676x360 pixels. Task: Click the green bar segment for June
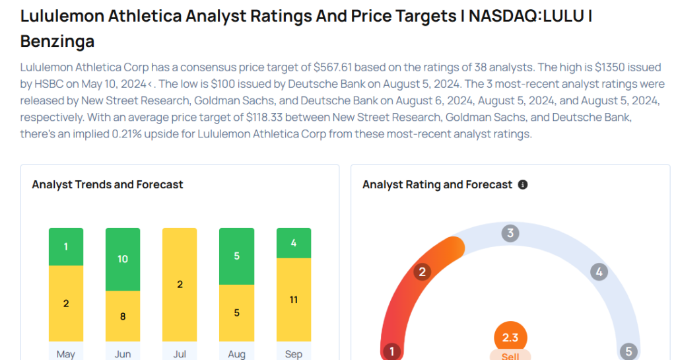(x=123, y=259)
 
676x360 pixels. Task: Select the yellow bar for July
(x=180, y=285)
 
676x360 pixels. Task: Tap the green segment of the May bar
(x=66, y=246)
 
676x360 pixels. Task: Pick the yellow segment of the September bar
(x=294, y=300)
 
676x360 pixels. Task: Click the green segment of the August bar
(x=236, y=256)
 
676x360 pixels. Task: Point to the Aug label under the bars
(x=236, y=354)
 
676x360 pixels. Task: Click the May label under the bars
(x=66, y=354)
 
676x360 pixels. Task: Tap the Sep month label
(x=294, y=354)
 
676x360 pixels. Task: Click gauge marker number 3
(x=510, y=233)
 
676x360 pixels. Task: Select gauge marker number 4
(x=599, y=271)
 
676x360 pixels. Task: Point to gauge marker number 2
(x=422, y=271)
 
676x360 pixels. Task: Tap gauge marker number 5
(x=628, y=351)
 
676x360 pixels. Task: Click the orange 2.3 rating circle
(x=510, y=338)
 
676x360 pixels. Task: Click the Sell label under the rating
(x=510, y=356)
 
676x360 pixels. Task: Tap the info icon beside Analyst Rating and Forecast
(x=523, y=185)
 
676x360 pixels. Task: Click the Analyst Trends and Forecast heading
(x=108, y=185)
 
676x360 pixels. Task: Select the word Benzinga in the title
(x=57, y=42)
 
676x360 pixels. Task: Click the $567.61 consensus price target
(x=335, y=67)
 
